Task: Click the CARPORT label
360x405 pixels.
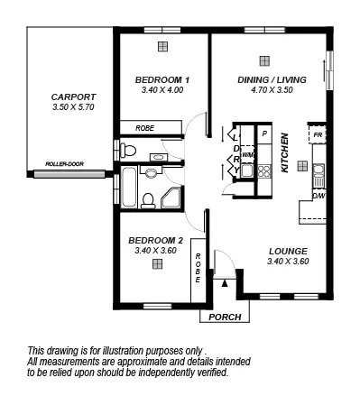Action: (68, 97)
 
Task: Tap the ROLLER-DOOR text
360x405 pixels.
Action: (64, 164)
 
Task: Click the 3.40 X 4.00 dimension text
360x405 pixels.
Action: (162, 90)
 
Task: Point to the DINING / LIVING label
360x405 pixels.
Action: (272, 79)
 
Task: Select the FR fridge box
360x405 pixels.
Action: (318, 134)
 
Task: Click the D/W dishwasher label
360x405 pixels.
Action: (318, 195)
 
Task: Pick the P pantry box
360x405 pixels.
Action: (264, 134)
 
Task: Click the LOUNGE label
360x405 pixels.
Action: (288, 251)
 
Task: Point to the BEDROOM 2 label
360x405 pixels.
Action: (156, 240)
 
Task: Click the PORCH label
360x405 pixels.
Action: (224, 318)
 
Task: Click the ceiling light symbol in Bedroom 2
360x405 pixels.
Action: (160, 267)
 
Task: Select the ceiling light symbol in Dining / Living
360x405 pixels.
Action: (263, 60)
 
